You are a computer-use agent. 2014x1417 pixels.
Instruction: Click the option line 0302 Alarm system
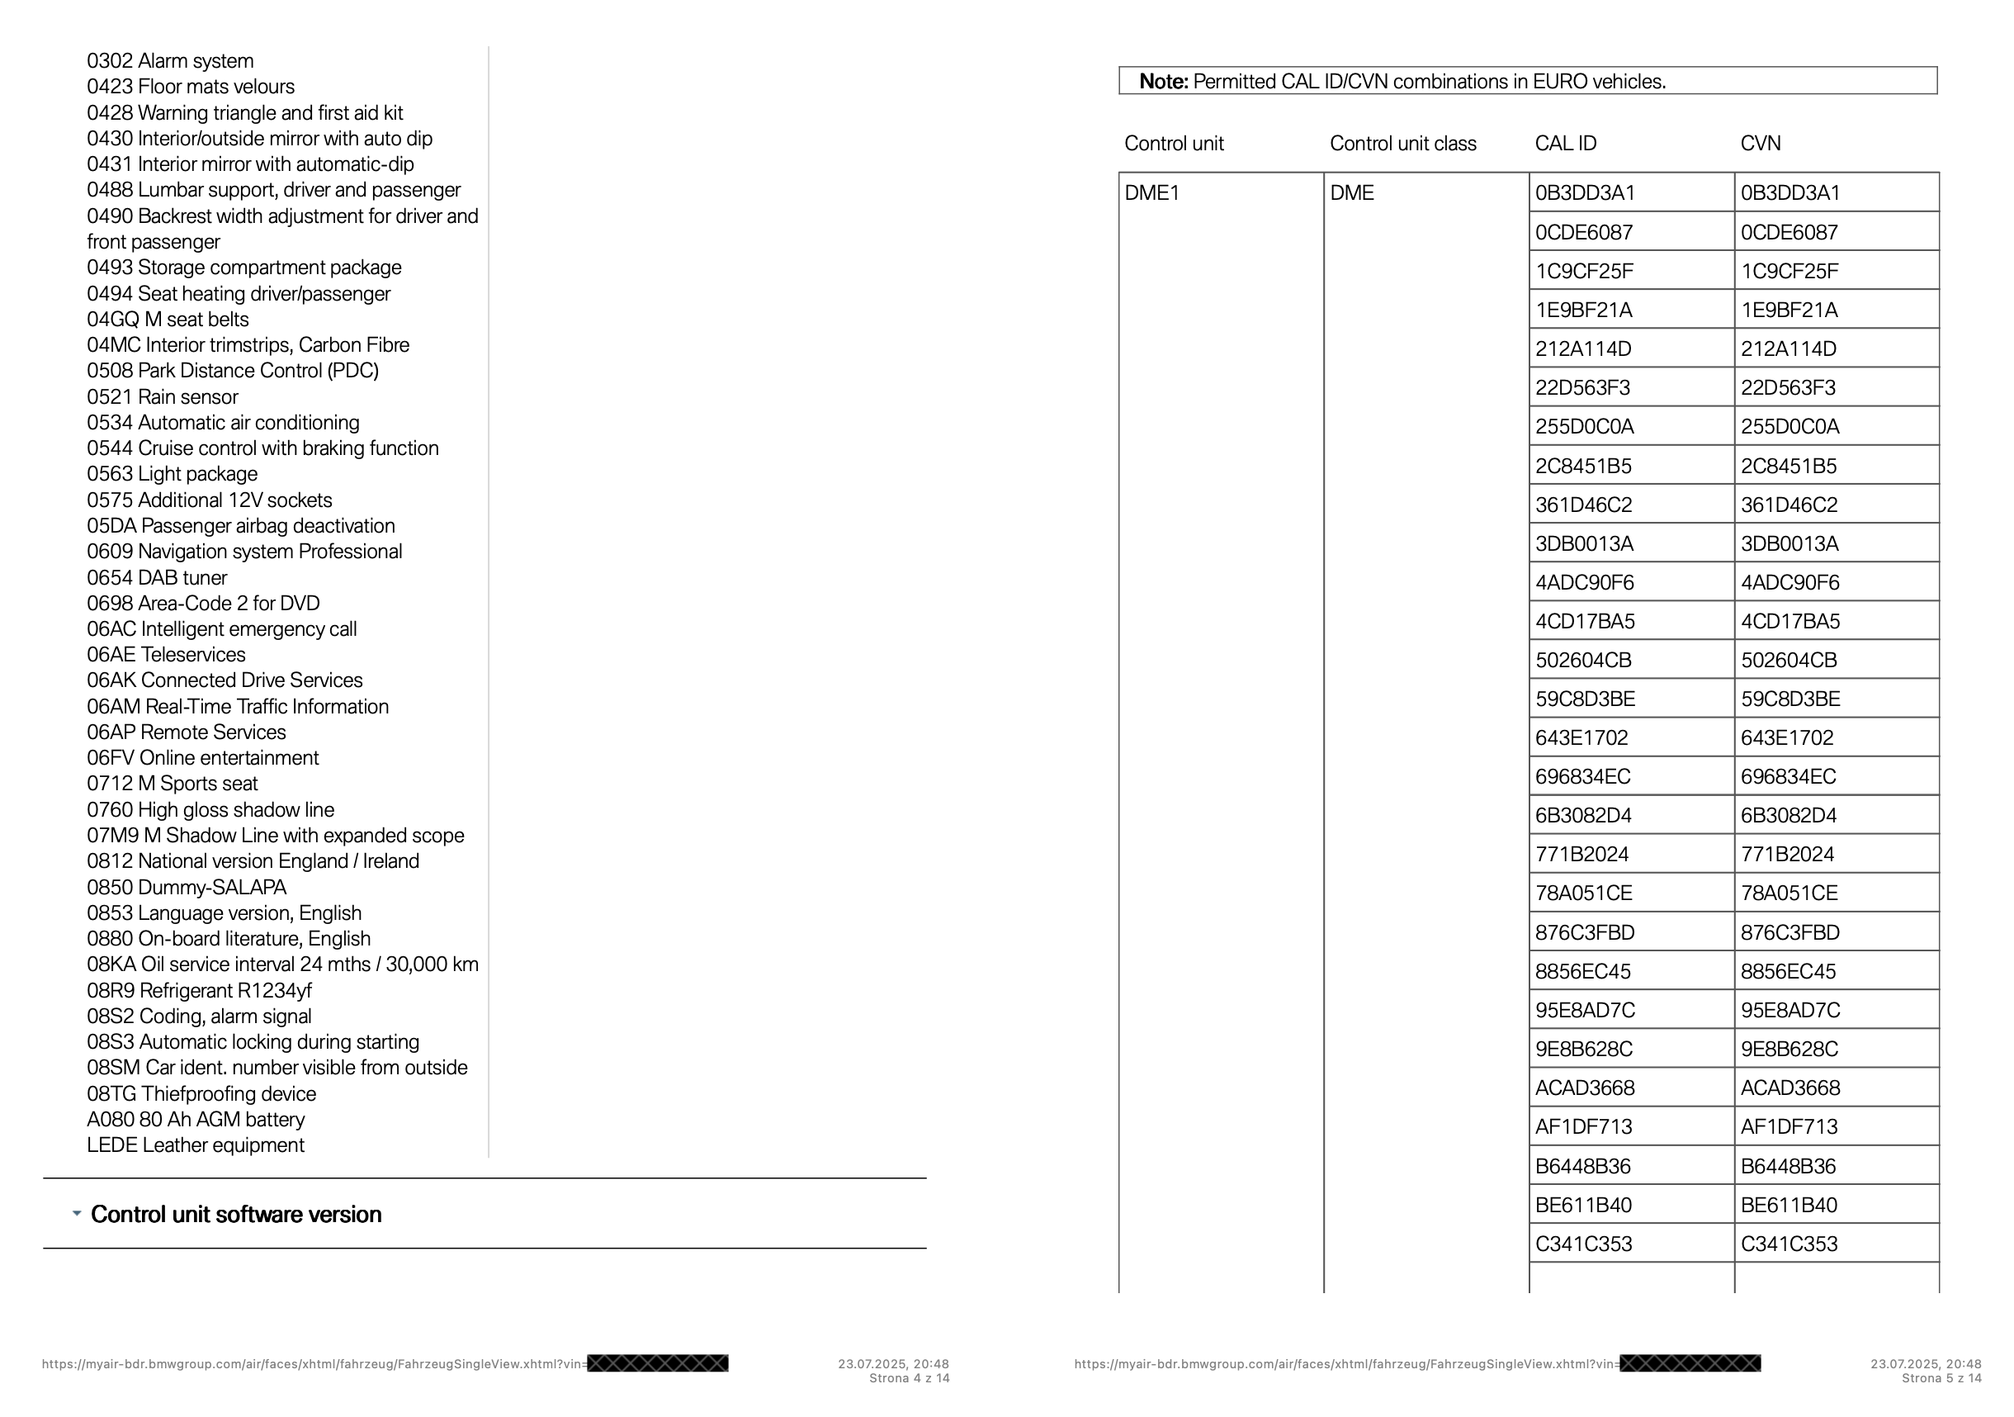click(170, 61)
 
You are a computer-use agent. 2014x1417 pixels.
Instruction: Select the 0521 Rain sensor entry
click(163, 397)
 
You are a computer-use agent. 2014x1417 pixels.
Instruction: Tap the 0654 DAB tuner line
click(157, 578)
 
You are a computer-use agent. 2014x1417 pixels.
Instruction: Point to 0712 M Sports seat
click(172, 784)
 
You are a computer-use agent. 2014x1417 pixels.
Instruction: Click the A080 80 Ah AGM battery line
click(196, 1121)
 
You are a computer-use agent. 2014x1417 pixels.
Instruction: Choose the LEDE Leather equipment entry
click(196, 1146)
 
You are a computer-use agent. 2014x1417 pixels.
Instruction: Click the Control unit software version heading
click(236, 1216)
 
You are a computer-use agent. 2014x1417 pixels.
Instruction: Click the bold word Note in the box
click(1163, 83)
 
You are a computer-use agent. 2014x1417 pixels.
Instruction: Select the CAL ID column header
click(1566, 144)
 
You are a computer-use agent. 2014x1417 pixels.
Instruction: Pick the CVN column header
click(1761, 144)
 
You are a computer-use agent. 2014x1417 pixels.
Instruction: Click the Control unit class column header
click(1402, 144)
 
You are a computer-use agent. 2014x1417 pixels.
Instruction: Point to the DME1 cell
click(1151, 193)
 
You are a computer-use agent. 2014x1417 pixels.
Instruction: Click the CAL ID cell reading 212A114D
click(1583, 349)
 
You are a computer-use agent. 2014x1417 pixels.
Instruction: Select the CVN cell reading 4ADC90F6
click(1789, 584)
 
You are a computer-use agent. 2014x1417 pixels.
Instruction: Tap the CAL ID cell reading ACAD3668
click(1585, 1089)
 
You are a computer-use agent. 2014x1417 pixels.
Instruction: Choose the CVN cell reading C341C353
click(1789, 1244)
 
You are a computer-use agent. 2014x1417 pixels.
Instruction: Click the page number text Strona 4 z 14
click(909, 1378)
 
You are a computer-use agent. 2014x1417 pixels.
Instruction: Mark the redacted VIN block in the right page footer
click(1690, 1363)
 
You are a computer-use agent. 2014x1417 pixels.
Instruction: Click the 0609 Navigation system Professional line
click(244, 552)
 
